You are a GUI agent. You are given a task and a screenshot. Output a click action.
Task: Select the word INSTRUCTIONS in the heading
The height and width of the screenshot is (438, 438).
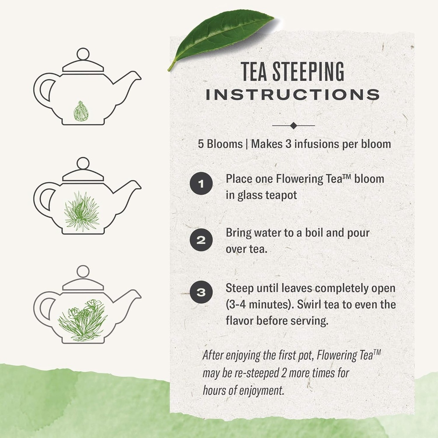[293, 95]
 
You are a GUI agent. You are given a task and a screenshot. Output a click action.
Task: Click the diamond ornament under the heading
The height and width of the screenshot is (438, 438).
[293, 126]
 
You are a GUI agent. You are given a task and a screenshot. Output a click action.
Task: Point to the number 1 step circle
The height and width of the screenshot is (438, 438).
[201, 185]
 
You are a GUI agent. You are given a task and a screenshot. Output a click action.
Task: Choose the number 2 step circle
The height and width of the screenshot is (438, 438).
[201, 240]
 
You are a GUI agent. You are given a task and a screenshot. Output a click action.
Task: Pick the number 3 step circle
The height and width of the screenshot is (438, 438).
[201, 293]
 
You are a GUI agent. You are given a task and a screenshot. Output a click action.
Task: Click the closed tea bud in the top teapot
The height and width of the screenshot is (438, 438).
[81, 112]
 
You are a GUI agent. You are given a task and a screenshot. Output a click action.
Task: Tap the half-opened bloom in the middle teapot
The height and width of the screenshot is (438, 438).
[82, 212]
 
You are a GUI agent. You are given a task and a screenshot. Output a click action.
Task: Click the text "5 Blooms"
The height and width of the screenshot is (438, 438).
[220, 144]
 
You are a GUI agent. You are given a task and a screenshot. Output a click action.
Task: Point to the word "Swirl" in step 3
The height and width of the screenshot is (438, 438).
[306, 305]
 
